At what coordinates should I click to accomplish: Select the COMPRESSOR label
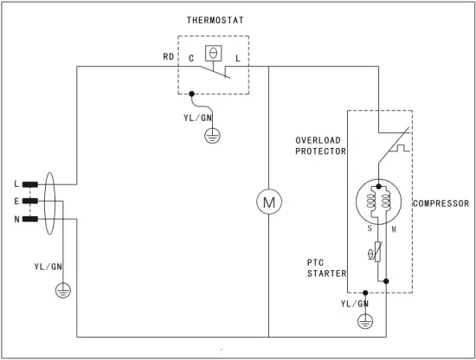click(441, 203)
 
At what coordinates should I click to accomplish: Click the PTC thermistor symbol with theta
click(373, 253)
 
